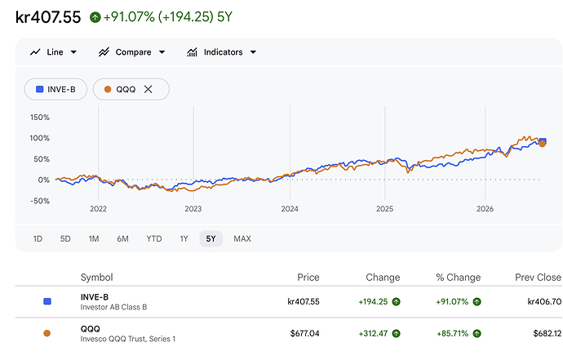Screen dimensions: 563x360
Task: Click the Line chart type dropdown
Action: [54, 52]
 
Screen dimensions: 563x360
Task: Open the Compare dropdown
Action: [131, 52]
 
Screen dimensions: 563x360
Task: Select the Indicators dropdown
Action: [222, 52]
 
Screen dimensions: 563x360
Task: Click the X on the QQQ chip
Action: [149, 89]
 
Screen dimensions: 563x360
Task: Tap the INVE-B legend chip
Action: [55, 89]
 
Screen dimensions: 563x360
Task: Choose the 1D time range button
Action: [38, 239]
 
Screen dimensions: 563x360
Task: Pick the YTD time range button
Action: [154, 239]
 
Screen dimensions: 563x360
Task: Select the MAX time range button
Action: [242, 239]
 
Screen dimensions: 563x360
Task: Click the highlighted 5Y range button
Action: [211, 239]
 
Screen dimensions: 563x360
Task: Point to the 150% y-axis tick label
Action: [40, 117]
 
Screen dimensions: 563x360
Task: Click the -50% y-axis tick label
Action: [40, 201]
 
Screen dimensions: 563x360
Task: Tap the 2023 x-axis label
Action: [193, 209]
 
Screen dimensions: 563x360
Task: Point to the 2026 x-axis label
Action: [485, 209]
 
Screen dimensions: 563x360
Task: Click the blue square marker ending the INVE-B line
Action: [543, 141]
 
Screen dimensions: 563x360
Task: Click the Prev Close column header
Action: [538, 278]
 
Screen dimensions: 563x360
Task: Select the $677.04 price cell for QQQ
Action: [305, 333]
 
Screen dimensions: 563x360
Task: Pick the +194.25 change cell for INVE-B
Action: [373, 302]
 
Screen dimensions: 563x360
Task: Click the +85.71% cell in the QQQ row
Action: [452, 333]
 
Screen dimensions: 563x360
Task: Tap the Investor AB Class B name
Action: [113, 307]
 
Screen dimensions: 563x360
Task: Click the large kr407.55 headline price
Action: [48, 17]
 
